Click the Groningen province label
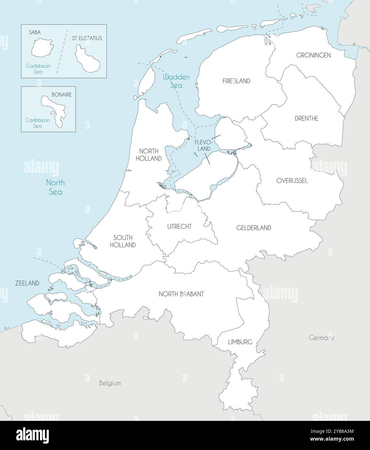(313, 55)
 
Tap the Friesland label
(236, 81)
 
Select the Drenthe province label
(306, 118)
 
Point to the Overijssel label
(292, 181)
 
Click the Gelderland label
(254, 228)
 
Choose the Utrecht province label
(179, 227)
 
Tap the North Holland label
(150, 155)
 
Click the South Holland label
(123, 241)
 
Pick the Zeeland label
(27, 283)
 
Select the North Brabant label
(181, 294)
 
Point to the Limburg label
(240, 342)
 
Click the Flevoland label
(202, 145)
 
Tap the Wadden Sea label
(176, 81)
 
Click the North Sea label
(55, 187)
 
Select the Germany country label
(321, 338)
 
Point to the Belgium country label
(110, 383)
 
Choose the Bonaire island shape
(54, 110)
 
